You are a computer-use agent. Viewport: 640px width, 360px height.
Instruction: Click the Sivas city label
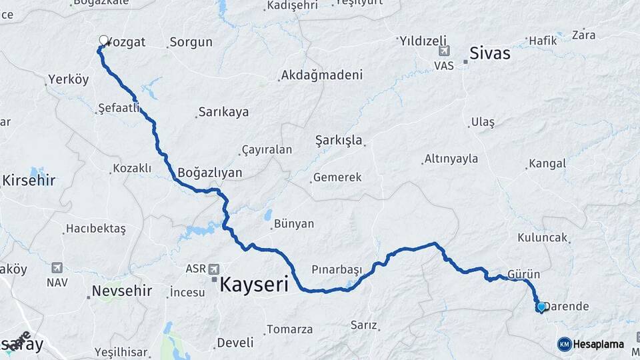(x=490, y=52)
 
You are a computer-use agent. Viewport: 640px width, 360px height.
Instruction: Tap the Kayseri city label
(x=253, y=285)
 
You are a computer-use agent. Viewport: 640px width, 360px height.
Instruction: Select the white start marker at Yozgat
(x=103, y=40)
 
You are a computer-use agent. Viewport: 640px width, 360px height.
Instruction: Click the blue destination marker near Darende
(x=541, y=307)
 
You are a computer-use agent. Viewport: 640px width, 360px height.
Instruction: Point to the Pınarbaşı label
(x=337, y=269)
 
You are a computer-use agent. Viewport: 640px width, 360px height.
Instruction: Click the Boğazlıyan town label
(x=209, y=172)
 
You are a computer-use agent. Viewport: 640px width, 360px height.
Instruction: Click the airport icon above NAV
(x=57, y=268)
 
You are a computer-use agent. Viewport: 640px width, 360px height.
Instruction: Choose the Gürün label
(x=523, y=274)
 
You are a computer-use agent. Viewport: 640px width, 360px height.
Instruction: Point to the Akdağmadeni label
(x=322, y=75)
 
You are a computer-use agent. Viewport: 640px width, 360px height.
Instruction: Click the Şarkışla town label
(x=338, y=140)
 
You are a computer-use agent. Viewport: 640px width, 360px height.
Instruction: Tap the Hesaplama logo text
(x=598, y=344)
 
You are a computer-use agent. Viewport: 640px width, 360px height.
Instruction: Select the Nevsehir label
(x=121, y=291)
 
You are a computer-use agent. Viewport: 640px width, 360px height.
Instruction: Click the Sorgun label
(x=191, y=42)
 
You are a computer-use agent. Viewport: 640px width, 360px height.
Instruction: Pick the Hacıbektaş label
(x=95, y=229)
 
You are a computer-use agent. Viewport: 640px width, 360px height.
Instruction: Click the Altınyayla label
(x=451, y=159)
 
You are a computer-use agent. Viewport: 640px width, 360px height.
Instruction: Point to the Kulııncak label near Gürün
(x=542, y=237)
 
